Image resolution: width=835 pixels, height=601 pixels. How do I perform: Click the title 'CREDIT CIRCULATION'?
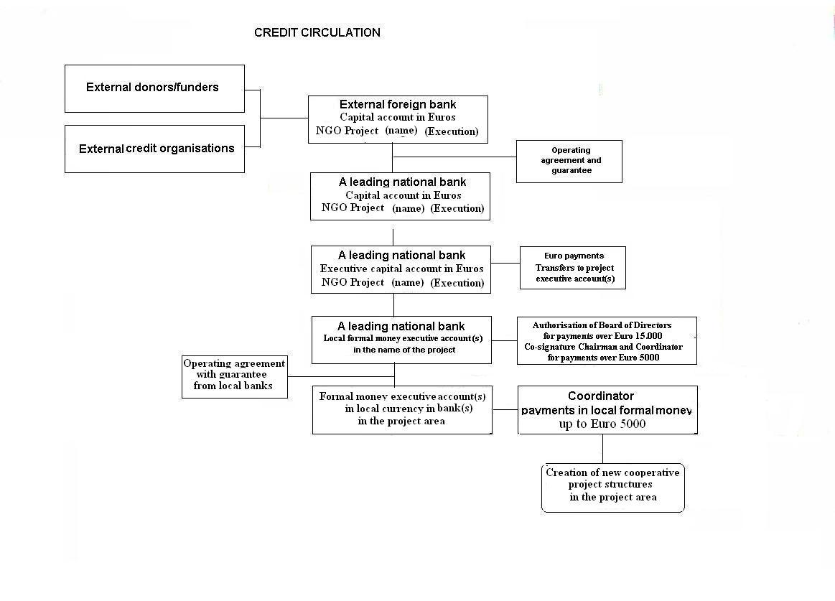(317, 32)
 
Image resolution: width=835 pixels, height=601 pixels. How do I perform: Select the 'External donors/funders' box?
(154, 88)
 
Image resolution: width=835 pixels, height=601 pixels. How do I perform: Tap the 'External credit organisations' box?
(154, 149)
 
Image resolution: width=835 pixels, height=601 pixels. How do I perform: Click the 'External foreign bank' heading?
(398, 104)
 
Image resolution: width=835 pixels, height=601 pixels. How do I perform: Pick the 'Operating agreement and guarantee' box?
(569, 162)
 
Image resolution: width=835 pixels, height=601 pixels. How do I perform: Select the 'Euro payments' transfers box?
(573, 267)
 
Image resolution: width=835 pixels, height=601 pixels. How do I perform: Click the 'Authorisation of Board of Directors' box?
(607, 340)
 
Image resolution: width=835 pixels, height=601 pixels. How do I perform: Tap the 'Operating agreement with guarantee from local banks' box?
(235, 377)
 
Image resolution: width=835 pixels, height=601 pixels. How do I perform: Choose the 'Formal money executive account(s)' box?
(402, 410)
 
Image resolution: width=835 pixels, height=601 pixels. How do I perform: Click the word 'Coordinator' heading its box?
(601, 396)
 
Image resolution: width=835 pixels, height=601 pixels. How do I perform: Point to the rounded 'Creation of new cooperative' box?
(613, 488)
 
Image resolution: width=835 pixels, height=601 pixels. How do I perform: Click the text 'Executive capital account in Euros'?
(401, 269)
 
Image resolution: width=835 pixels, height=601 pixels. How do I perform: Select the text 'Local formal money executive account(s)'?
(403, 338)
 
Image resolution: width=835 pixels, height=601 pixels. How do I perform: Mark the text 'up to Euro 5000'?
(602, 424)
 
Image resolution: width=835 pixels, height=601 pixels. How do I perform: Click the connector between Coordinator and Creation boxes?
(603, 449)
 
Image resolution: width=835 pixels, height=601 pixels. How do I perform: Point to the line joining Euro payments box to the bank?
(505, 264)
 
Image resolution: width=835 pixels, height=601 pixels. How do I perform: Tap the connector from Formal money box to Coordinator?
(505, 410)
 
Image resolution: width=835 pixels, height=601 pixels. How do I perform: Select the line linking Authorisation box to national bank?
(504, 340)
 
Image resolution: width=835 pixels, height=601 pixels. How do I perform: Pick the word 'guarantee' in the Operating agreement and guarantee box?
(572, 170)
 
